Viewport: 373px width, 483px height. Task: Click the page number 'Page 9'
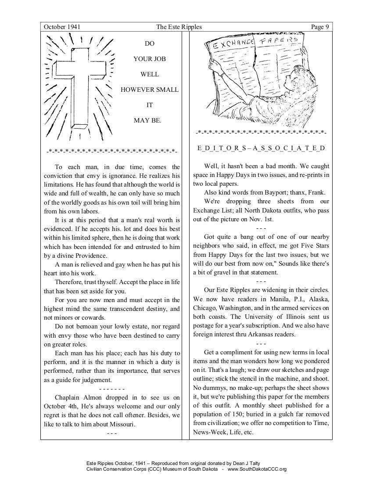320,27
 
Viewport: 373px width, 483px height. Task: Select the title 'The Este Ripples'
179,27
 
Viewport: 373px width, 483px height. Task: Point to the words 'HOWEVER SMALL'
150,90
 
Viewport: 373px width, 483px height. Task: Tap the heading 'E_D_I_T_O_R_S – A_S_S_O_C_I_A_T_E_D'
261,148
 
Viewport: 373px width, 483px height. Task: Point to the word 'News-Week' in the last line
208,433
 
